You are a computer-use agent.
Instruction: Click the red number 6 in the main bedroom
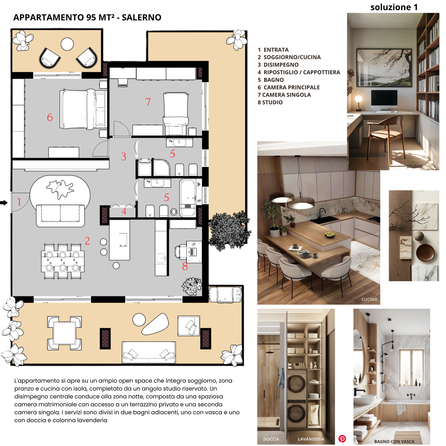50,117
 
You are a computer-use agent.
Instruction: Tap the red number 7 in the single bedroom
148,102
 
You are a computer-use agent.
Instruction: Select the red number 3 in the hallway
124,157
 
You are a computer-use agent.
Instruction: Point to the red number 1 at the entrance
19,202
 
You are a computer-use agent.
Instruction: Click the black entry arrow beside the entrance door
4,203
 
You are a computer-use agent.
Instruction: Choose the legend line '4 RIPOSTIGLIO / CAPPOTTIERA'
299,72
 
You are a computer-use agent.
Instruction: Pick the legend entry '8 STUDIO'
270,102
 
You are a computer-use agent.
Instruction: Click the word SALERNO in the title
142,18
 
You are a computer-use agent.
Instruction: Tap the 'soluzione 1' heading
394,7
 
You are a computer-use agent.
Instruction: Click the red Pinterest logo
342,439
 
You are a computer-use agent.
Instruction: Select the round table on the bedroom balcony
67,44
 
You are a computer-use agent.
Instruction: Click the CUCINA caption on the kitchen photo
369,299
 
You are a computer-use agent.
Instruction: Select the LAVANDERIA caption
311,439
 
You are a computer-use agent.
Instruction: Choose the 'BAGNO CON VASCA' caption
394,442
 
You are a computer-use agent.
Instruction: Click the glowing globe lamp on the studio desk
359,99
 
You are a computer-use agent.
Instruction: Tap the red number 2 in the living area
87,241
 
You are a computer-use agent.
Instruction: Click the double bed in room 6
83,109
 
